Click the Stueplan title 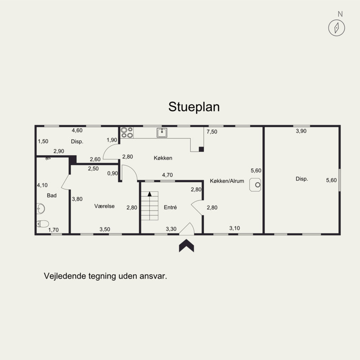click(194, 107)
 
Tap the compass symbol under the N click(337, 28)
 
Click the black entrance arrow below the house click(186, 245)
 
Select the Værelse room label click(104, 206)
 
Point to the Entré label click(171, 207)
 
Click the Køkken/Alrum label click(227, 181)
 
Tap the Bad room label click(52, 195)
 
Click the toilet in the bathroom click(43, 224)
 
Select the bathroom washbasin click(40, 209)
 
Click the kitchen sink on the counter click(162, 133)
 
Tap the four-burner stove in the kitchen click(127, 132)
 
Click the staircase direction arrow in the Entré click(150, 194)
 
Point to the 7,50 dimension click(211, 131)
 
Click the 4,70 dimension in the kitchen click(167, 175)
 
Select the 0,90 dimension click(112, 173)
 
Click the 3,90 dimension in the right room click(301, 131)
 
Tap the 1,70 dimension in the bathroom click(53, 229)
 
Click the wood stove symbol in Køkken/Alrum click(255, 184)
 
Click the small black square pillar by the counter click(201, 149)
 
